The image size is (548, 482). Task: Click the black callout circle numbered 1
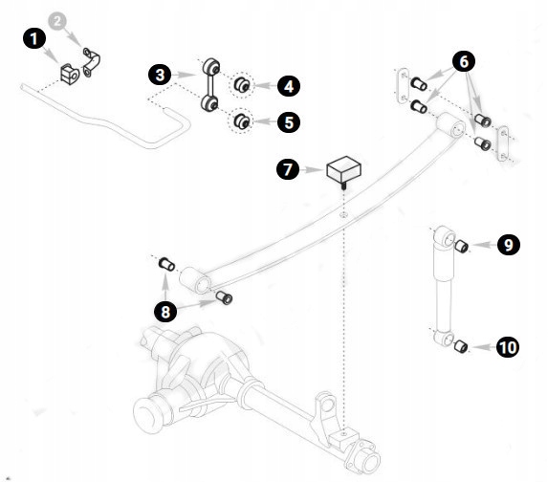pyautogui.click(x=34, y=38)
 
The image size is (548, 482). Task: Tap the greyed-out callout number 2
pyautogui.click(x=57, y=21)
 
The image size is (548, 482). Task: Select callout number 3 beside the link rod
pyautogui.click(x=160, y=75)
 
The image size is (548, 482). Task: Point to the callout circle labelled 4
pyautogui.click(x=289, y=86)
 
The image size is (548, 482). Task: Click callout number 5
pyautogui.click(x=289, y=122)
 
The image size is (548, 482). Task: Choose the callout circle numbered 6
pyautogui.click(x=464, y=61)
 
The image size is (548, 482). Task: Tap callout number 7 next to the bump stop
pyautogui.click(x=288, y=169)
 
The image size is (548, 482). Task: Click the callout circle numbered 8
pyautogui.click(x=165, y=311)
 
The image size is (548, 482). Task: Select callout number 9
pyautogui.click(x=509, y=244)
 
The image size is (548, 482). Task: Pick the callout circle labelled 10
pyautogui.click(x=508, y=347)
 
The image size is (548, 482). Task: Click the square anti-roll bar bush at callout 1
pyautogui.click(x=70, y=74)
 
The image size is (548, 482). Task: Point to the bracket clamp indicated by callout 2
pyautogui.click(x=91, y=62)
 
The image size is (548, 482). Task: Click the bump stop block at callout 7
pyautogui.click(x=343, y=169)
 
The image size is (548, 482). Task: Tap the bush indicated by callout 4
pyautogui.click(x=242, y=85)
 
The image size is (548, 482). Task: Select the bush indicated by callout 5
pyautogui.click(x=242, y=121)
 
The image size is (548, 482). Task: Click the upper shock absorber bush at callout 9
pyautogui.click(x=462, y=246)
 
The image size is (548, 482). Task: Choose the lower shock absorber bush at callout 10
pyautogui.click(x=461, y=346)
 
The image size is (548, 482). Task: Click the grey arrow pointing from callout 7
pyautogui.click(x=312, y=170)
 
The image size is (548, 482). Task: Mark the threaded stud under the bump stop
pyautogui.click(x=343, y=186)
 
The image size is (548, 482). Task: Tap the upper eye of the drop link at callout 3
pyautogui.click(x=211, y=66)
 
